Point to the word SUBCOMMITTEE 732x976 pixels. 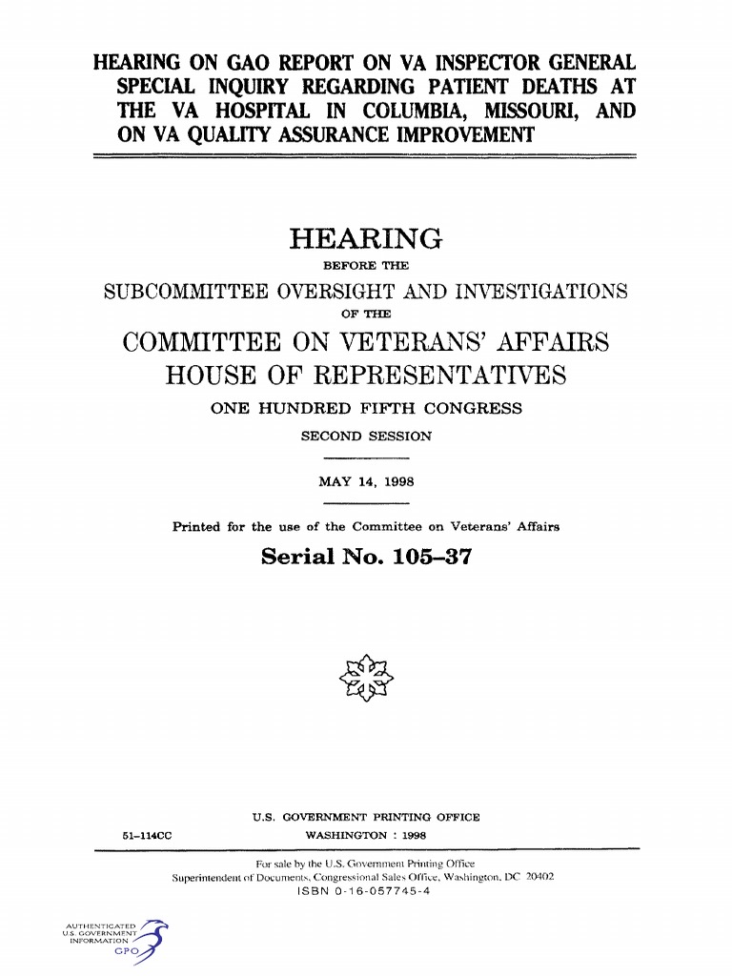click(187, 292)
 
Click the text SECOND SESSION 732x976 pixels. click(366, 437)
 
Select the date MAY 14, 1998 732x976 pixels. click(366, 482)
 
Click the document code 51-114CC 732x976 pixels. click(147, 836)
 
